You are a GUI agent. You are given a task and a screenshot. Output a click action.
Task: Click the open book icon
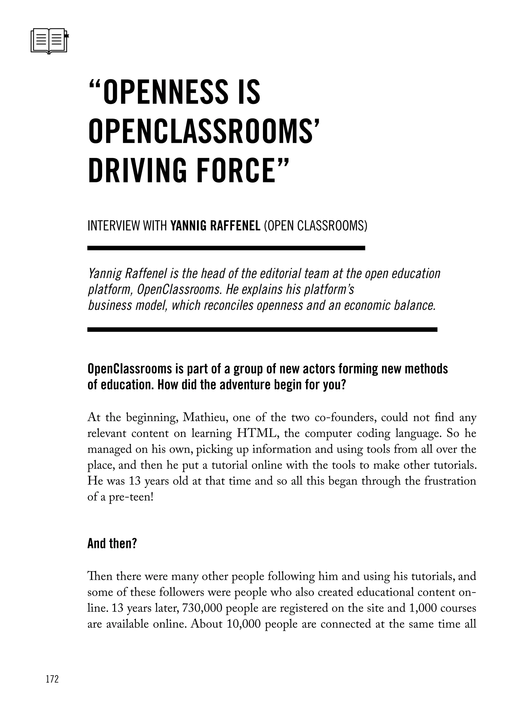click(x=49, y=41)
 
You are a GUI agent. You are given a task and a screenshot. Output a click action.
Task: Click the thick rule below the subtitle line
click(x=226, y=248)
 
